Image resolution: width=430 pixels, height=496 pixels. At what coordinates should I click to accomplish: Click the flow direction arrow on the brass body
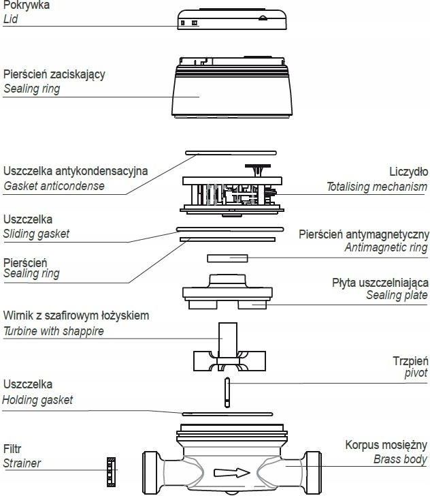[x=232, y=473]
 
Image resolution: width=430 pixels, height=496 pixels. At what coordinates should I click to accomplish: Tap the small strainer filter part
[x=111, y=472]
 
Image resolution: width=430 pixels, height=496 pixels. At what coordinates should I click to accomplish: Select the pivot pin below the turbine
[x=227, y=392]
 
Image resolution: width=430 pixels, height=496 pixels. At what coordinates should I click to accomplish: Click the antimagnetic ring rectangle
[x=227, y=258]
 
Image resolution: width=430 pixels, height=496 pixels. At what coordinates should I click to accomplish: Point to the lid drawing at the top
[x=232, y=19]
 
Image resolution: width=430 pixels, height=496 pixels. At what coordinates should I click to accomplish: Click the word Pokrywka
[x=27, y=5]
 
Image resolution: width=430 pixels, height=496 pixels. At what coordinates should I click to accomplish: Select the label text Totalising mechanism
[x=377, y=187]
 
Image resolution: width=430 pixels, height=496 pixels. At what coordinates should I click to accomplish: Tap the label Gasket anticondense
[x=54, y=186]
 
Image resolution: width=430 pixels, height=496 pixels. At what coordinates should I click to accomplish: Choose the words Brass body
[x=400, y=459]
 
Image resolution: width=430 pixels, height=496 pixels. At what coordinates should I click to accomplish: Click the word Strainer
[x=22, y=463]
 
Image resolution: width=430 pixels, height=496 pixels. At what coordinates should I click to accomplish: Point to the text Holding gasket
[x=37, y=400]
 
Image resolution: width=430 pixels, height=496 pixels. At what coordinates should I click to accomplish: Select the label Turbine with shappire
[x=53, y=331]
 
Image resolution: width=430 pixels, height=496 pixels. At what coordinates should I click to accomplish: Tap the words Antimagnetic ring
[x=386, y=247]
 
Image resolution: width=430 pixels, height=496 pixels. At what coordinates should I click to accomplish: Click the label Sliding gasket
[x=36, y=234]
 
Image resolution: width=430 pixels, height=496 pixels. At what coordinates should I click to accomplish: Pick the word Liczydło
[x=409, y=172]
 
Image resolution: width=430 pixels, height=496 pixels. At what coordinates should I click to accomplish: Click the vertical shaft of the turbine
[x=228, y=341]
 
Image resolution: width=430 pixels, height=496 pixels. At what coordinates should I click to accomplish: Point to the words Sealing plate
[x=397, y=295]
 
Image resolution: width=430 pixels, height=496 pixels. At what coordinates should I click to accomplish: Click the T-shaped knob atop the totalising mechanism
[x=258, y=170]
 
